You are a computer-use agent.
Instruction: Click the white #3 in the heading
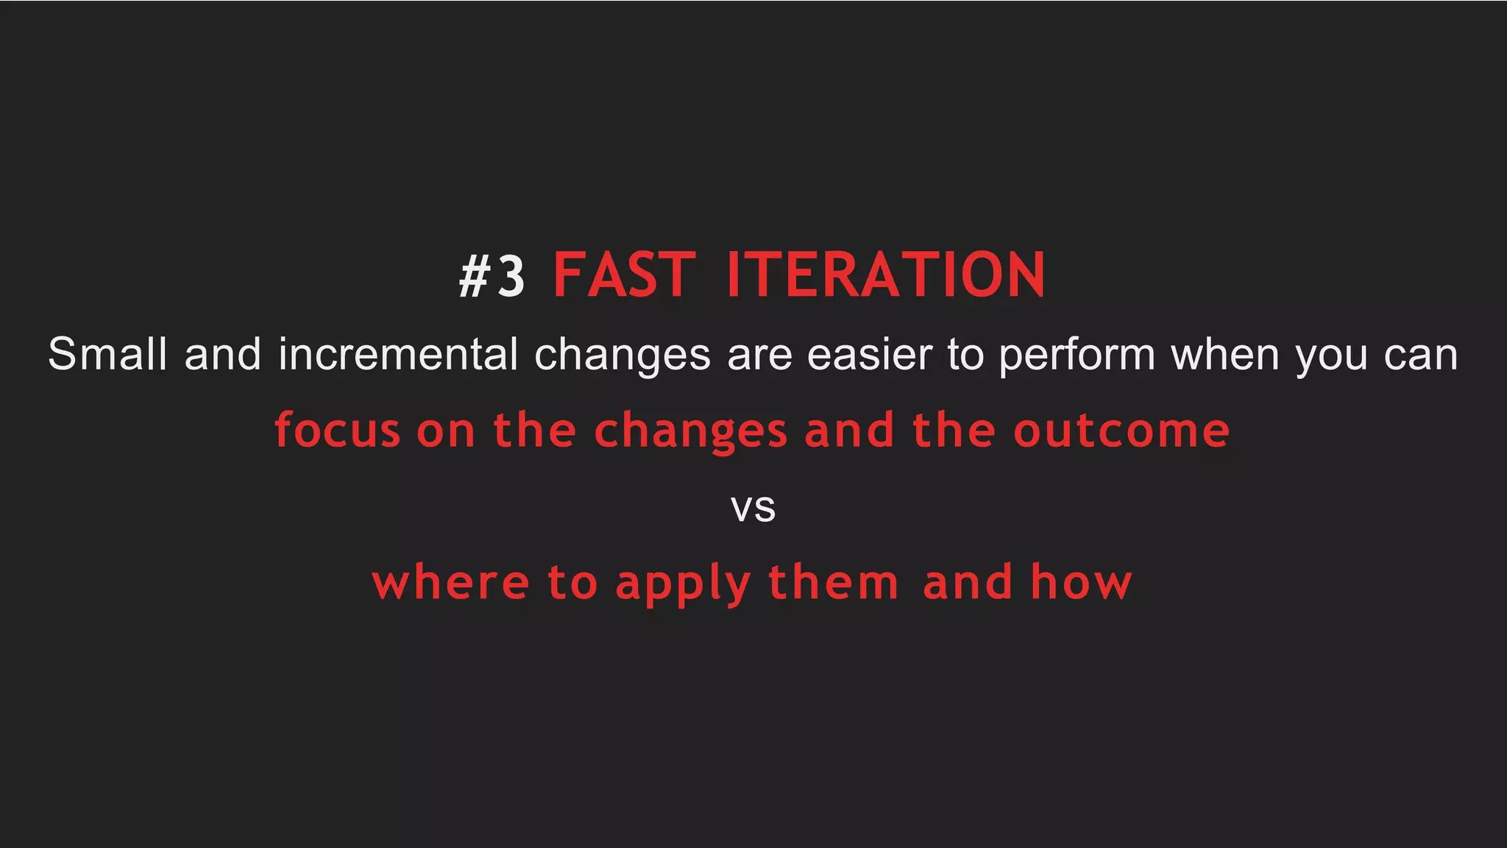(492, 276)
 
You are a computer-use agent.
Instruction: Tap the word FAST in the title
(624, 275)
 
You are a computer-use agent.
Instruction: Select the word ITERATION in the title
(885, 275)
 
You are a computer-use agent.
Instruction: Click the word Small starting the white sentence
(107, 354)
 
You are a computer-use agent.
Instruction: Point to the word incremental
(398, 354)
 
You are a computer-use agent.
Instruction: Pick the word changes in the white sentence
(622, 356)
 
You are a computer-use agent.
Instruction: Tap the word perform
(1077, 356)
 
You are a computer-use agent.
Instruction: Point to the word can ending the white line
(1420, 356)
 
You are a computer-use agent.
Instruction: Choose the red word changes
(690, 432)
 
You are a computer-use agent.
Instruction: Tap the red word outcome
(1121, 431)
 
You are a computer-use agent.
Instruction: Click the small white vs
(753, 508)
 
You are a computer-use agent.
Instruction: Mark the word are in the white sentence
(759, 356)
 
